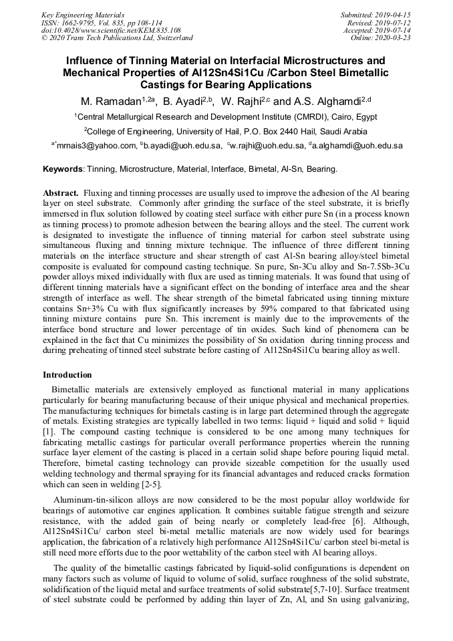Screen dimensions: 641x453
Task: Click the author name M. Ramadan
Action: (110, 102)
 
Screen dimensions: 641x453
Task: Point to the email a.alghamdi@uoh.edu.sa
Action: (357, 146)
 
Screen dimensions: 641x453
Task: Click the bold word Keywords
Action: (64, 170)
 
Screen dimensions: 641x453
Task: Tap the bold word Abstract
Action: (61, 193)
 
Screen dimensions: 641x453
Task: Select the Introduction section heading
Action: (67, 375)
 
